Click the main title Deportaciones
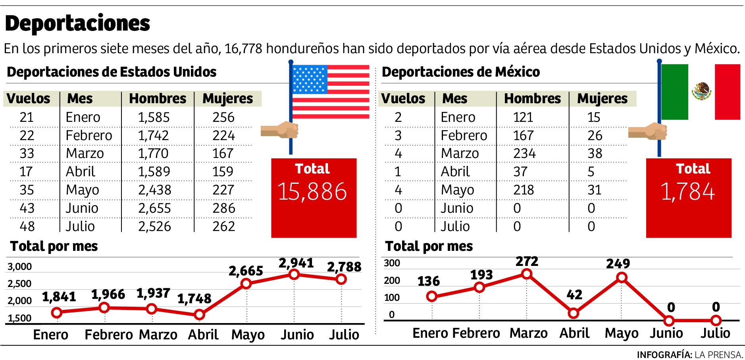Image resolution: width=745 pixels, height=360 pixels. (x=77, y=24)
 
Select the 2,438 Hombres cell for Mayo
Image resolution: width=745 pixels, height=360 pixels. (x=154, y=190)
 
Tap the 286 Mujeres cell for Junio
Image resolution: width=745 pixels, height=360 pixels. (x=223, y=208)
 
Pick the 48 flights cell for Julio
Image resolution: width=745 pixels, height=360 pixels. (x=27, y=226)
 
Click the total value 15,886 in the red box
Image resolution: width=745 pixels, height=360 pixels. (x=312, y=192)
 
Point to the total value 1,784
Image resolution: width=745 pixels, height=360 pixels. (x=688, y=192)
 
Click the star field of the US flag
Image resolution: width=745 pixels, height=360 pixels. (x=310, y=79)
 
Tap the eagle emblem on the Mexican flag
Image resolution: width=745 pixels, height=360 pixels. (x=701, y=91)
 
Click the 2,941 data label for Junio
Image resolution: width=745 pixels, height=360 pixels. (x=296, y=263)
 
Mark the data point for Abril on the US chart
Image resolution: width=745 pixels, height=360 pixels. (x=199, y=315)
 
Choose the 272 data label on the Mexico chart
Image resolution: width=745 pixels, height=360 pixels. (x=527, y=261)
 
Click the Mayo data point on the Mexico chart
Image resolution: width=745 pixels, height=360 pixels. (x=622, y=277)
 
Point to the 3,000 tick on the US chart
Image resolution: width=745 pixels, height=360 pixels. (x=20, y=267)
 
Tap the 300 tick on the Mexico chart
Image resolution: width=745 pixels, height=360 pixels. (x=393, y=263)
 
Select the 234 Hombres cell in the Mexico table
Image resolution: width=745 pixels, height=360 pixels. (x=524, y=153)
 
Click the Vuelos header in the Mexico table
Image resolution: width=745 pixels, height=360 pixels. (x=403, y=98)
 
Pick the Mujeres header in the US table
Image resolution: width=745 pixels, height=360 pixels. (x=227, y=98)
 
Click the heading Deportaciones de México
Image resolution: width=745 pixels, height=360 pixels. (x=460, y=72)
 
